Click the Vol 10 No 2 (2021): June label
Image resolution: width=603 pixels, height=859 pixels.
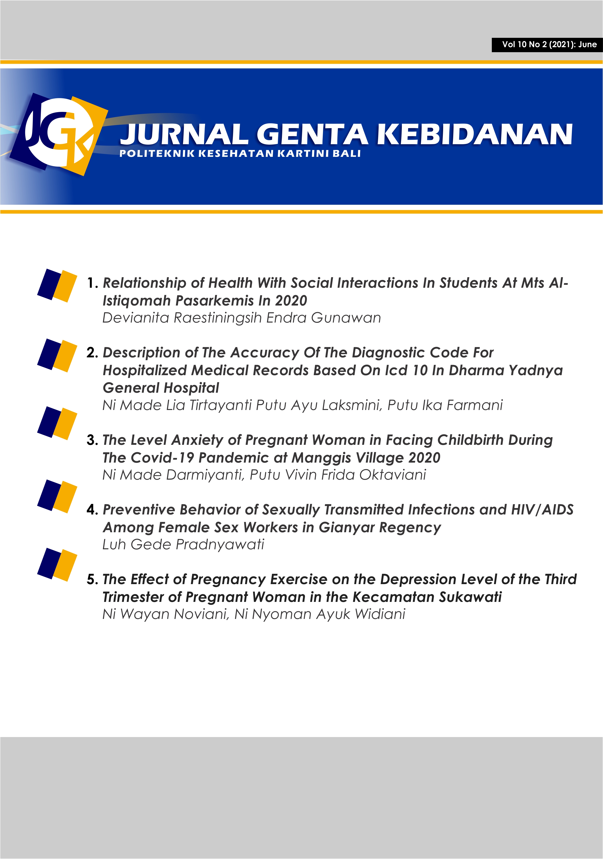549,44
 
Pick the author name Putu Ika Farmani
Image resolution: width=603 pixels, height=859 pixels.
445,405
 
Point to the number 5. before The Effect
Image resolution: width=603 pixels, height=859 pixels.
92,579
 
